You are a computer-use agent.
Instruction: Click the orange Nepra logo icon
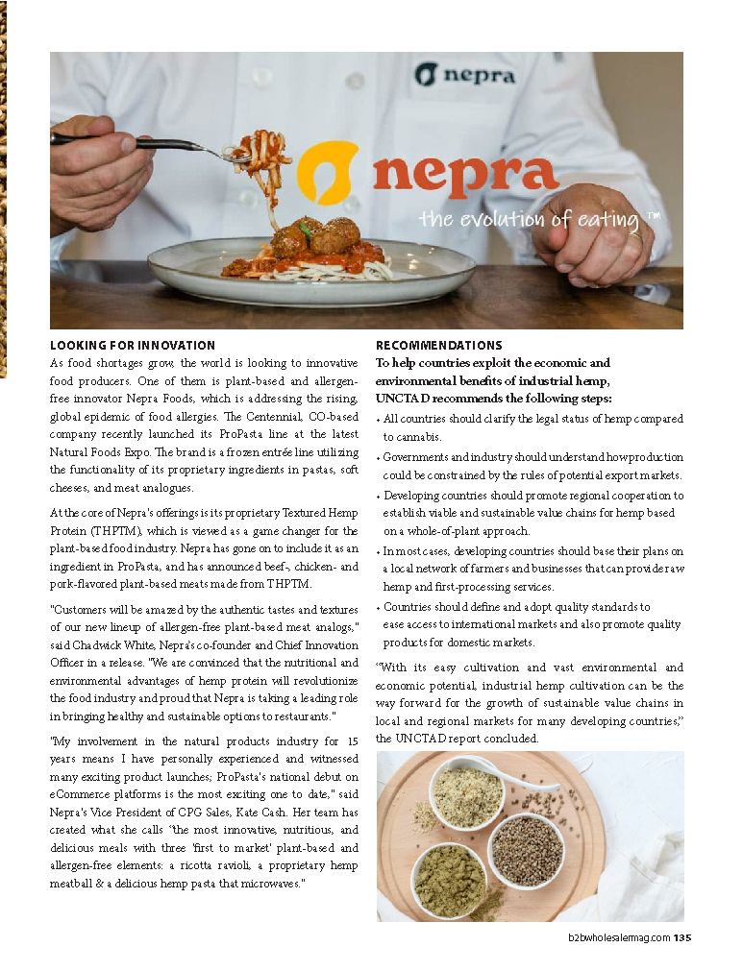(x=327, y=173)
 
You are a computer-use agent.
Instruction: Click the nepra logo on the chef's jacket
(x=465, y=75)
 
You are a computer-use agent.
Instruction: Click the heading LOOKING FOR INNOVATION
(x=132, y=345)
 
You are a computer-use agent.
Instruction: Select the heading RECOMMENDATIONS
(x=438, y=345)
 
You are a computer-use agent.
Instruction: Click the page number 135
(x=681, y=938)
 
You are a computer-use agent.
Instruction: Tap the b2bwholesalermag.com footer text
(x=617, y=938)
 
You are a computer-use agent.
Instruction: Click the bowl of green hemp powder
(x=450, y=880)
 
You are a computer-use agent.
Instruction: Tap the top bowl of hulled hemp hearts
(x=466, y=795)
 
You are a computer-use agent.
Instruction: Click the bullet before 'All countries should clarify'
(x=378, y=420)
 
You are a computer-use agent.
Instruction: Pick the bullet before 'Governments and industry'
(x=378, y=459)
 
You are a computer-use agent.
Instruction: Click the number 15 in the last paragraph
(x=352, y=741)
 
